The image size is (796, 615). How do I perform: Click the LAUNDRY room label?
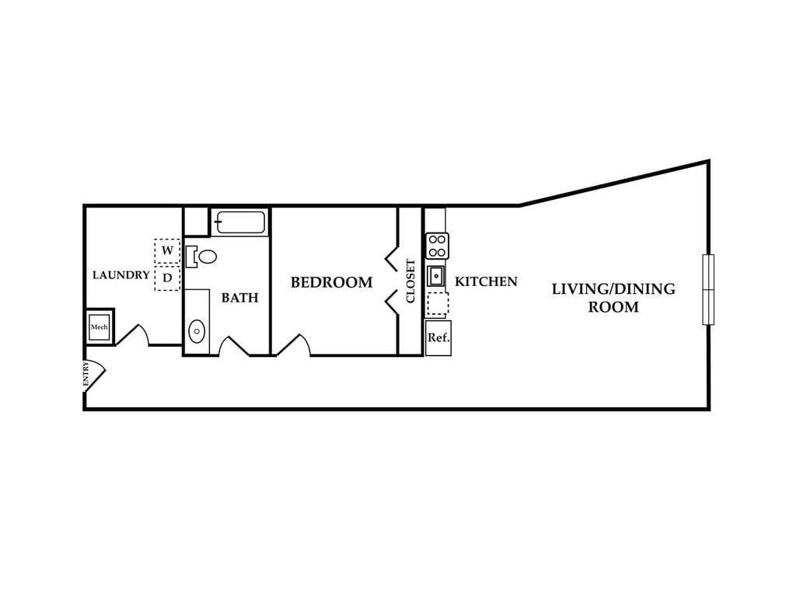pyautogui.click(x=120, y=275)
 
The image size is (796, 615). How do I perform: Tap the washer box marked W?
pyautogui.click(x=166, y=251)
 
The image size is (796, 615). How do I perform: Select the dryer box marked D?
pyautogui.click(x=166, y=278)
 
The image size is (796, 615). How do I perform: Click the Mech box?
pyautogui.click(x=99, y=327)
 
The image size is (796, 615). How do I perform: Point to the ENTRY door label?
pyautogui.click(x=86, y=376)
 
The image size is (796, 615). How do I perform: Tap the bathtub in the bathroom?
pyautogui.click(x=240, y=223)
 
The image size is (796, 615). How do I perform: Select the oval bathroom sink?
pyautogui.click(x=197, y=332)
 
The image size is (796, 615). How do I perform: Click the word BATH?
pyautogui.click(x=239, y=298)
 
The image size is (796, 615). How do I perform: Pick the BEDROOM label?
pyautogui.click(x=331, y=282)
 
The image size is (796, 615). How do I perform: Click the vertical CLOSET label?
pyautogui.click(x=411, y=281)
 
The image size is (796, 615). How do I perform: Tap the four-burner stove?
pyautogui.click(x=437, y=246)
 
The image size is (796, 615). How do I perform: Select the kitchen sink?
pyautogui.click(x=436, y=275)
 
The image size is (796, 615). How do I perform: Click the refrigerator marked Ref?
pyautogui.click(x=438, y=338)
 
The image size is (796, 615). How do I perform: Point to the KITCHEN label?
pyautogui.click(x=486, y=281)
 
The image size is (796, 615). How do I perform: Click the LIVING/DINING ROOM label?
pyautogui.click(x=613, y=298)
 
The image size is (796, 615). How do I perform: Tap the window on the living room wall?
pyautogui.click(x=708, y=289)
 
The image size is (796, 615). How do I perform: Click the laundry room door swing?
pyautogui.click(x=131, y=336)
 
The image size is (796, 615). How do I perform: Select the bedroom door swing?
pyautogui.click(x=294, y=345)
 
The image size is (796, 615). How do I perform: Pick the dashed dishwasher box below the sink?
pyautogui.click(x=438, y=303)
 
